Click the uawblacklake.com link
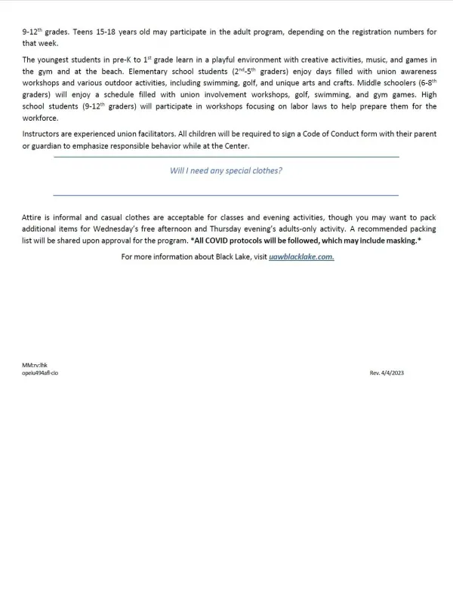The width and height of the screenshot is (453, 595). click(x=301, y=256)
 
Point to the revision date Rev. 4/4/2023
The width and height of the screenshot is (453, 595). click(x=387, y=373)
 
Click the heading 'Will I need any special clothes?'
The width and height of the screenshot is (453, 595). click(x=226, y=170)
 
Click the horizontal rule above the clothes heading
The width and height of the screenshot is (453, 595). click(x=226, y=157)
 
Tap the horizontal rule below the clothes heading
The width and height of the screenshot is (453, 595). click(x=226, y=195)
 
